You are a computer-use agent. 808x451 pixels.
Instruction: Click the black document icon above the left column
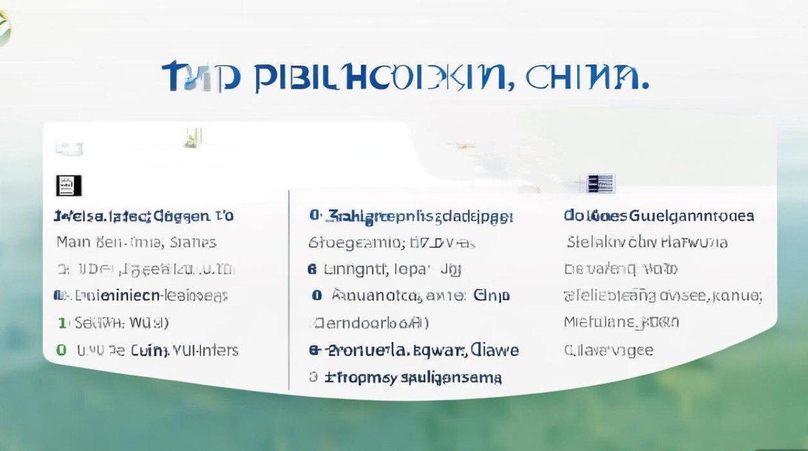(x=69, y=185)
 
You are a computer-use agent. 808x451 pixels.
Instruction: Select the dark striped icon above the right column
(x=601, y=183)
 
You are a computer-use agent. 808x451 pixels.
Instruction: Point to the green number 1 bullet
(x=61, y=323)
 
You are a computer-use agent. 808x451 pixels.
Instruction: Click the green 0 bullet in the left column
(x=60, y=349)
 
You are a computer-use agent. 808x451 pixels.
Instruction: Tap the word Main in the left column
(x=73, y=242)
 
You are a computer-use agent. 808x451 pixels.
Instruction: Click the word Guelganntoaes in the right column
(x=691, y=215)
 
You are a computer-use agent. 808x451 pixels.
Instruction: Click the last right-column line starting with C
(x=608, y=349)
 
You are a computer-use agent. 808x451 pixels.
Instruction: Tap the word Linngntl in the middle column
(x=357, y=269)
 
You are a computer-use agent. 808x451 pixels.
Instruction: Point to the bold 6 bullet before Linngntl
(x=311, y=269)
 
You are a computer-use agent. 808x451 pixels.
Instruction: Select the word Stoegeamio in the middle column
(x=355, y=242)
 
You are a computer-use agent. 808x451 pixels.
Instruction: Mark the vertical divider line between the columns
(x=289, y=289)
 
